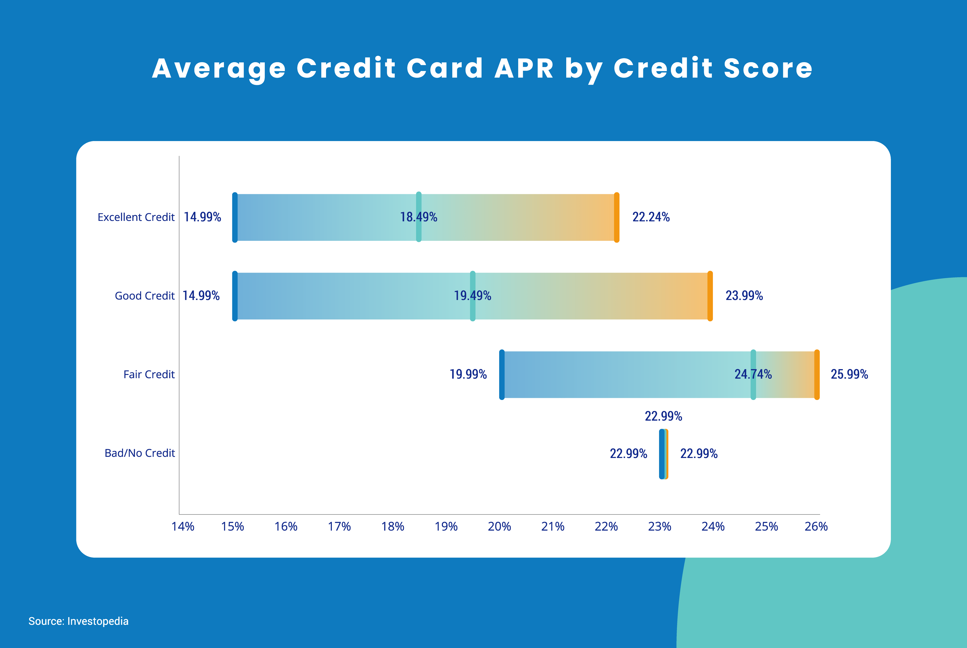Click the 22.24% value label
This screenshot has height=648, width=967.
coord(651,217)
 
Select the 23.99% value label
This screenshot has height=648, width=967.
coord(744,296)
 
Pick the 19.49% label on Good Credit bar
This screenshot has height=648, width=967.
coord(472,296)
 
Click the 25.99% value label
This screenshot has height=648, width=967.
coord(849,374)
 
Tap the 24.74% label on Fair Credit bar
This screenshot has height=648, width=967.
coord(753,374)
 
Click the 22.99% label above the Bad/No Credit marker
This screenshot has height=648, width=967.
coord(663,416)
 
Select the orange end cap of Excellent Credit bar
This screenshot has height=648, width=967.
coord(617,217)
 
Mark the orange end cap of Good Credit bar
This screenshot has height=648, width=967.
coord(710,296)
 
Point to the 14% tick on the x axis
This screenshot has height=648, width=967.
coord(183,526)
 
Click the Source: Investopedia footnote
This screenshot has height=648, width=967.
coord(78,621)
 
